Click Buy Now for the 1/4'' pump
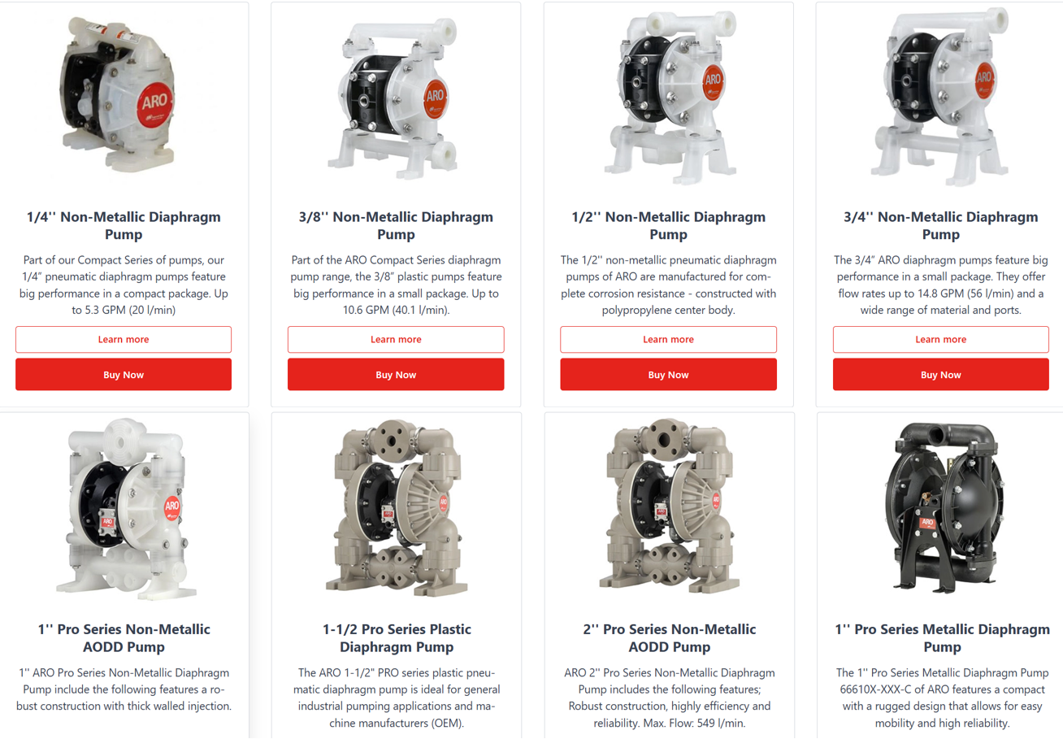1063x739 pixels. tap(124, 375)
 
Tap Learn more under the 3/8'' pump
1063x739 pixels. tap(396, 339)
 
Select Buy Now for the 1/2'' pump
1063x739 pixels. tap(668, 375)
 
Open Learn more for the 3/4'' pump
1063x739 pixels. tap(940, 339)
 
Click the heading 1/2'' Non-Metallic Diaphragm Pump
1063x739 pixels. tap(668, 225)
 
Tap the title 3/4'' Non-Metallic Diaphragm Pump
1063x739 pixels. tap(940, 225)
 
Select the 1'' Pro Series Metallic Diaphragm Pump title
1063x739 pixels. tap(943, 638)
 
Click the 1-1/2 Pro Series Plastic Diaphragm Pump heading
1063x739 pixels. tap(397, 638)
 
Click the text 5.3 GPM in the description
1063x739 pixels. tap(105, 310)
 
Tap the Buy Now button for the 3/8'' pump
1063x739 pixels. tap(396, 375)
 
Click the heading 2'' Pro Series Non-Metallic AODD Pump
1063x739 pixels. tap(669, 638)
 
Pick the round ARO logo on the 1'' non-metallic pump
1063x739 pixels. tap(171, 506)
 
